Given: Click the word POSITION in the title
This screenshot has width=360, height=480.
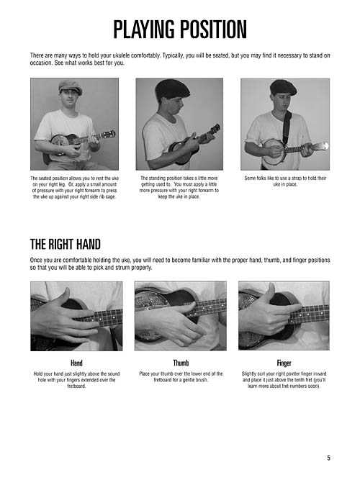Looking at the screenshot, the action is [x=213, y=30].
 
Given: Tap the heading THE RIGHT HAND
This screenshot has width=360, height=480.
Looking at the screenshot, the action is [x=66, y=244].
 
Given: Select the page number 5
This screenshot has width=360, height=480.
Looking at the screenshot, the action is [x=328, y=458].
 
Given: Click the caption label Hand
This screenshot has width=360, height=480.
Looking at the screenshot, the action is [x=76, y=363].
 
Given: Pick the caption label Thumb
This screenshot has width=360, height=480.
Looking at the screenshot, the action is [x=181, y=363].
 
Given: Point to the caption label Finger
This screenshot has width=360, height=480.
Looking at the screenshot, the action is [x=284, y=363].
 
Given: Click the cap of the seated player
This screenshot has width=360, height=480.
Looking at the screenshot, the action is [x=70, y=86].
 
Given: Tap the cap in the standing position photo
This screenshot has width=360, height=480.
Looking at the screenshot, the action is [x=172, y=89].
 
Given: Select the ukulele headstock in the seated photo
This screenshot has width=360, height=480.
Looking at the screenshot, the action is [x=109, y=134].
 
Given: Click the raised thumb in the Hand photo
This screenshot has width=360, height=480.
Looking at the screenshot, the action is [x=63, y=296].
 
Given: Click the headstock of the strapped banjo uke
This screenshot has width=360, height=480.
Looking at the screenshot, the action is [x=320, y=147].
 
